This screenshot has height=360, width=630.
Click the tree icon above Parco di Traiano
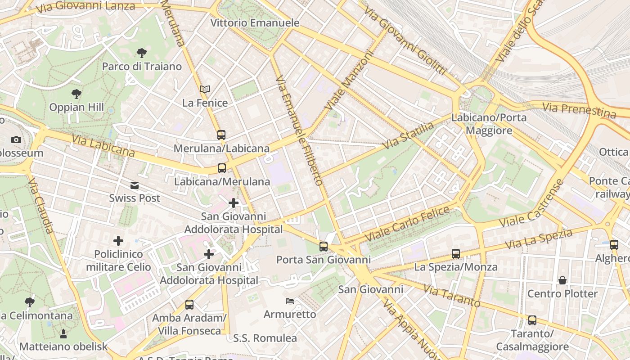[x=141, y=53]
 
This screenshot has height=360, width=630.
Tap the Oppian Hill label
[x=76, y=108]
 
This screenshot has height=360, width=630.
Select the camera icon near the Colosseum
[x=16, y=139]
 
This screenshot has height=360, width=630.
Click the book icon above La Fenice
[x=205, y=89]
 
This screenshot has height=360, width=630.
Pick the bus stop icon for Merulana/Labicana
[x=221, y=135]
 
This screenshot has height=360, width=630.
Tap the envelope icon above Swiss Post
[x=135, y=185]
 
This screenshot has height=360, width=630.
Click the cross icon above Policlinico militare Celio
[x=118, y=241]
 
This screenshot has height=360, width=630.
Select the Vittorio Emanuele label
[x=255, y=22]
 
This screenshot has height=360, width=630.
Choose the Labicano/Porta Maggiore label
[x=489, y=124]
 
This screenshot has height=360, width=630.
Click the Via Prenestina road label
[x=579, y=110]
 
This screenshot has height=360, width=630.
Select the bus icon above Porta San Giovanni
[x=323, y=246]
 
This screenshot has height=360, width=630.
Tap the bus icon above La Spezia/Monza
[x=456, y=254]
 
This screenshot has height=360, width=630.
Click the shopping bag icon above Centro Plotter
[x=562, y=280]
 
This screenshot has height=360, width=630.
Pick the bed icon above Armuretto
[x=290, y=301]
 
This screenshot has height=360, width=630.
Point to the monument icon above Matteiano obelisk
[x=63, y=333]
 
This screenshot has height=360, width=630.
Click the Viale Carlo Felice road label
[x=407, y=223]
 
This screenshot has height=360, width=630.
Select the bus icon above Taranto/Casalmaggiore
[x=532, y=320]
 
